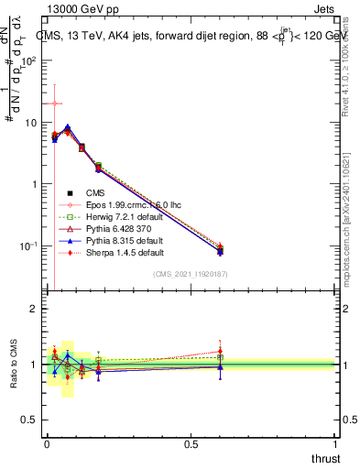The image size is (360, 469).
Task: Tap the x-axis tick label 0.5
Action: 191,443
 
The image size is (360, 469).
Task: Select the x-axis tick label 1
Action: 336,443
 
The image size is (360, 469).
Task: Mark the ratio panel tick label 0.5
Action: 29,420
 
